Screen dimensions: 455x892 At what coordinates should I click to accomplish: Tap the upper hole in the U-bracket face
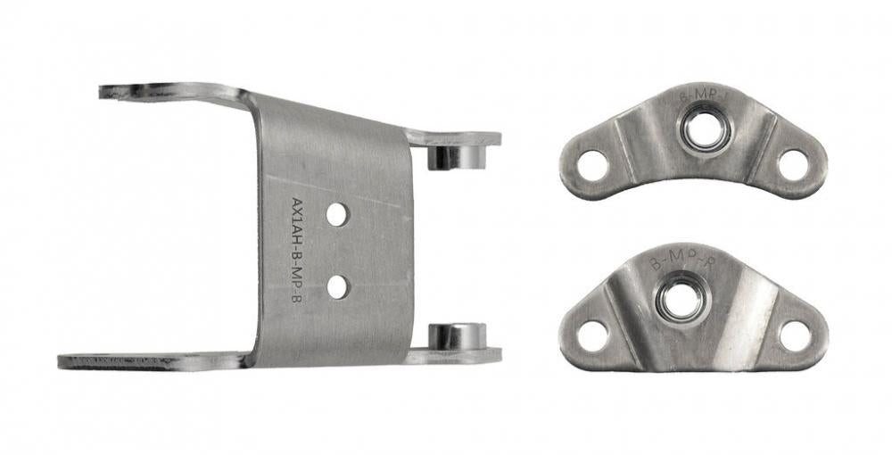pos(336,214)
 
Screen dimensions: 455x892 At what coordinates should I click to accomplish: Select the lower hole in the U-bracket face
pos(336,286)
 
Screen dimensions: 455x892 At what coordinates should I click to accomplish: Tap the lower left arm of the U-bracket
pos(152,361)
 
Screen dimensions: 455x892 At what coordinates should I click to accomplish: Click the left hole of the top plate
pos(591,165)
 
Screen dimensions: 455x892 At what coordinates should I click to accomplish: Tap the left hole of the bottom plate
pos(591,335)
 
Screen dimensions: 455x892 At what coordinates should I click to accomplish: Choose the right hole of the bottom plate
pos(795,335)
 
